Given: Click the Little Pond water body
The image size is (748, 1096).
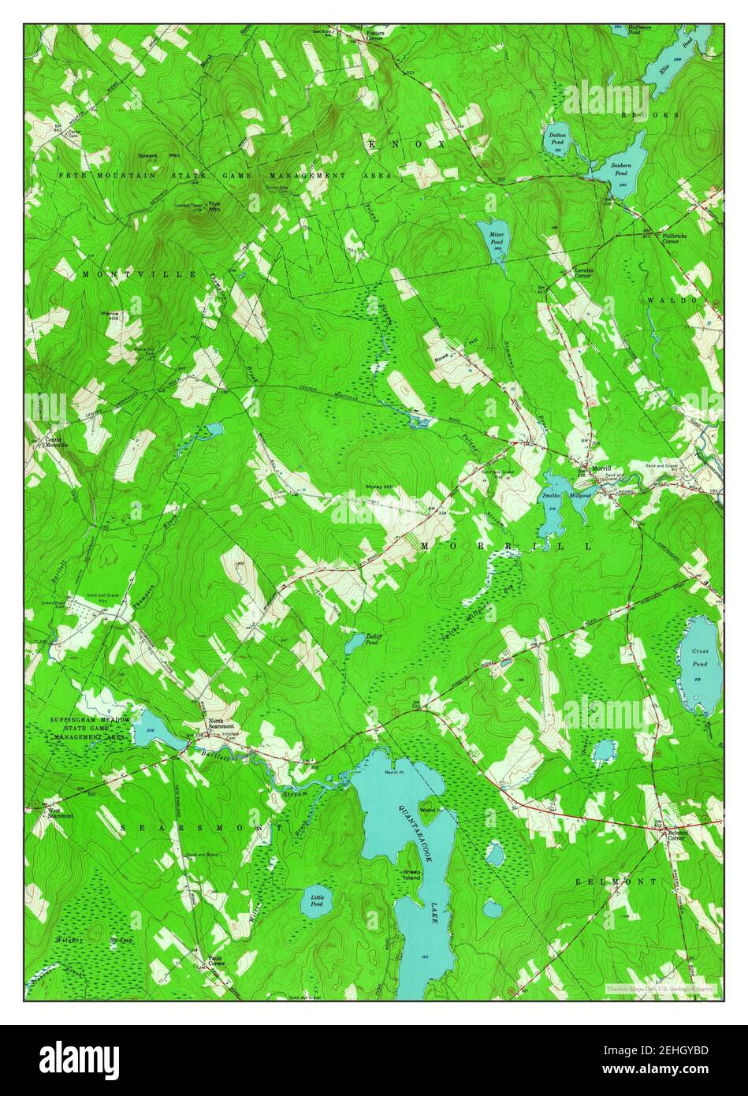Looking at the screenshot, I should coord(317,900).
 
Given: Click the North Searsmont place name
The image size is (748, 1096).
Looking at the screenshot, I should coord(221,725).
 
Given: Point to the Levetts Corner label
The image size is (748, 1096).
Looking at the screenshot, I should coord(582,272).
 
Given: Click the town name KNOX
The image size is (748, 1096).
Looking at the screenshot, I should coord(407,144).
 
